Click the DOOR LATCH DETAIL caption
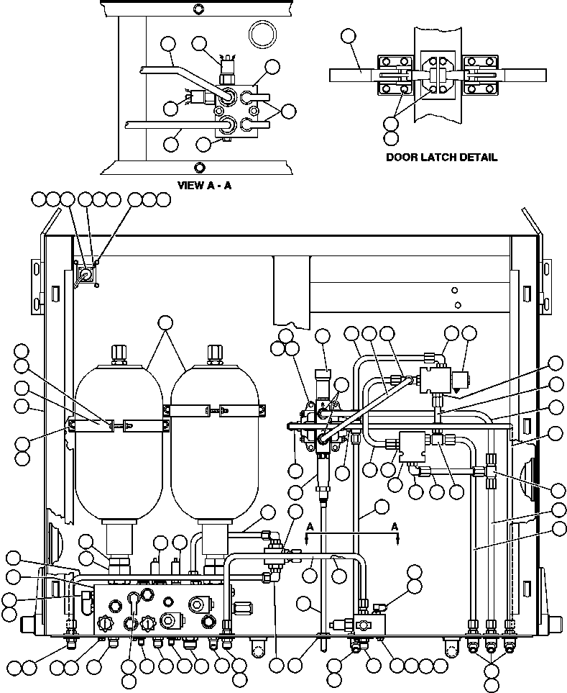point(441,158)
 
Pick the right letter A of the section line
point(395,526)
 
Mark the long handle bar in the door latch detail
point(351,74)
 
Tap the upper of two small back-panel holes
point(454,291)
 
